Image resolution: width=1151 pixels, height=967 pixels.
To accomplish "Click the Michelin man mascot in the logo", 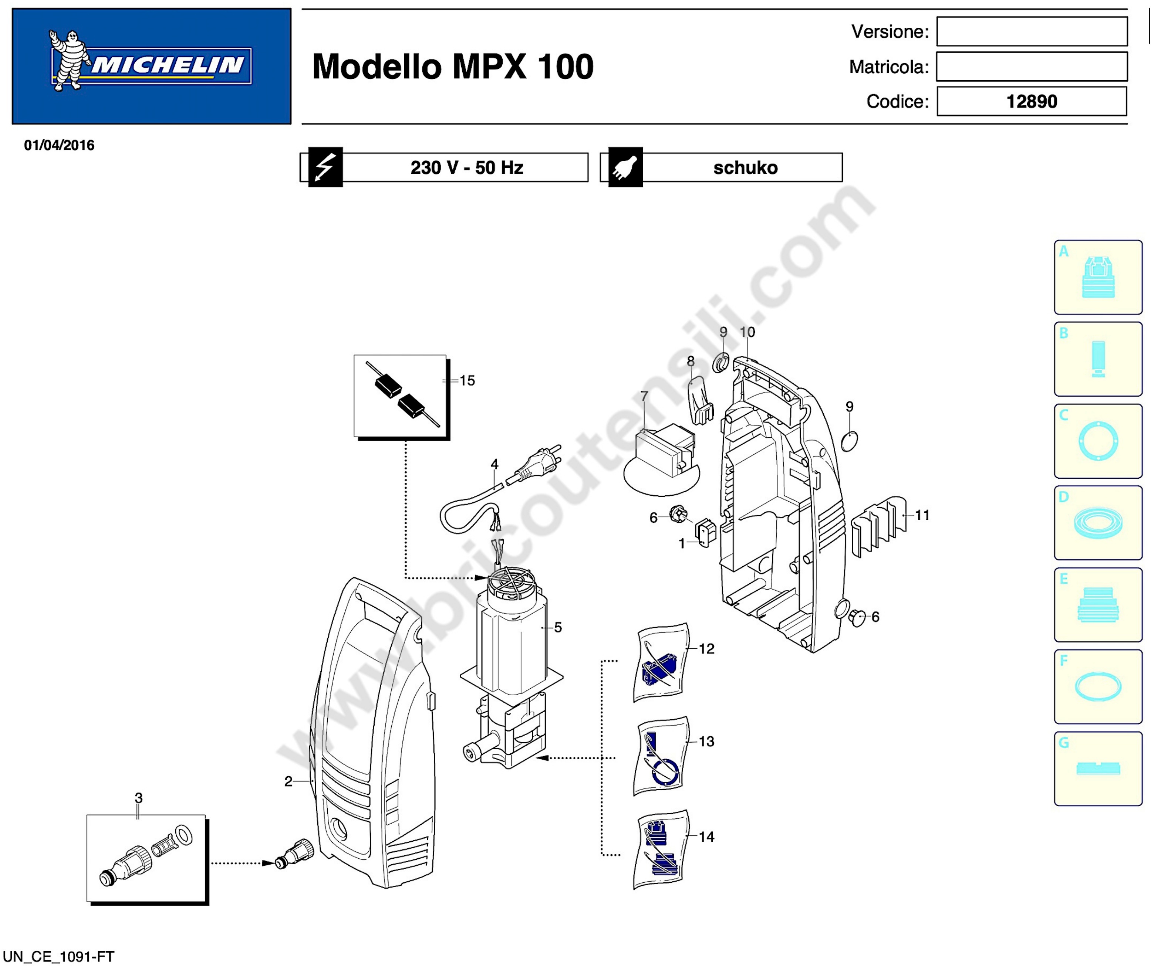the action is point(69,60).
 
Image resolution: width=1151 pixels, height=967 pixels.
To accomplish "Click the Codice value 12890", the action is point(1032,101).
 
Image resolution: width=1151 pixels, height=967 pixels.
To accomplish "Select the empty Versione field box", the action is point(1032,31).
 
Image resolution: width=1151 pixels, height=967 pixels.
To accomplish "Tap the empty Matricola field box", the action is point(1032,66).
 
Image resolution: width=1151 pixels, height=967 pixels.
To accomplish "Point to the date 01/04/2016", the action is point(59,145).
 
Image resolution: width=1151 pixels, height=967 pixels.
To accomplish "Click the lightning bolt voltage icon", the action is point(325,167).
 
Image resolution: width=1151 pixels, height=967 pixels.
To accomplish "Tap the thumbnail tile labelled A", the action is point(1098,277).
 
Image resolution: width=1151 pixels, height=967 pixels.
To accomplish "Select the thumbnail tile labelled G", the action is point(1098,768).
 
